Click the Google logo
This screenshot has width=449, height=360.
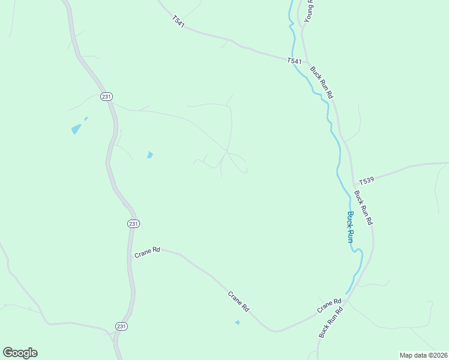pos(20,353)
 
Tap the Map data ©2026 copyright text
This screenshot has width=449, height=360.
pos(423,355)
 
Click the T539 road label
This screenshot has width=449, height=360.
pos(366,181)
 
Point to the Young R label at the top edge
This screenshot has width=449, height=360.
pos(309,11)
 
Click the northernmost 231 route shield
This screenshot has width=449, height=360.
pos(106,97)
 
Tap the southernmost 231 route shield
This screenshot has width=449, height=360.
pos(121,326)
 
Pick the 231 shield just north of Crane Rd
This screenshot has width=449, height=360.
pos(133,224)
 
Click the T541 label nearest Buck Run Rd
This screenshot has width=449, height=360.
pos(294,61)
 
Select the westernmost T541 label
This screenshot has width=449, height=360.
pos(178,20)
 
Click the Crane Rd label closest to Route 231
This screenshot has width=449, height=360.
pos(147,253)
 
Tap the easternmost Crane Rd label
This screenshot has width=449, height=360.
pos(330,305)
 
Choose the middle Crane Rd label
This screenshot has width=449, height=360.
pos(238,301)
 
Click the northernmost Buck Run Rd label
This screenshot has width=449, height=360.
pos(321,82)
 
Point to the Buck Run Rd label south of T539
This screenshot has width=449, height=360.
pos(363,208)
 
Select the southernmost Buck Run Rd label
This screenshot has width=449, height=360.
pos(330,322)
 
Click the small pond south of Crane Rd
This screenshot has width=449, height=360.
pos(237,323)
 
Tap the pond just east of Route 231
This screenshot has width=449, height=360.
pos(149,155)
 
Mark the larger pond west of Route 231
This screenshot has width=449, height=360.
pos(76,128)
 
